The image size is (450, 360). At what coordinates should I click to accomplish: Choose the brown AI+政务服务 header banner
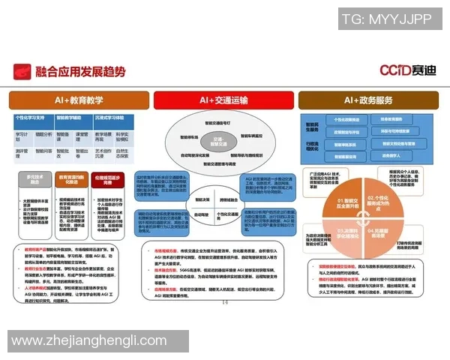tap(370, 100)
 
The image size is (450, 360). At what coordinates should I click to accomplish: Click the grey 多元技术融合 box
tap(34, 181)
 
